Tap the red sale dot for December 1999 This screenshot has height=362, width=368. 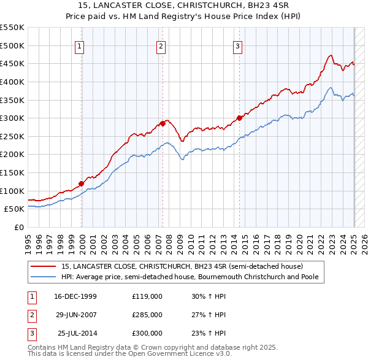pos(81,183)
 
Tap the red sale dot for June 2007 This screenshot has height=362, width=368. pos(163,123)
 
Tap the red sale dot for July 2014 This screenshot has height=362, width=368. pos(240,118)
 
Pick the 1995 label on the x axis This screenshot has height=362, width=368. pos(28,242)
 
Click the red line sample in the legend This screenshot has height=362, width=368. pos(44,267)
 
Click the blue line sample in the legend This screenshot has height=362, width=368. pos(44,277)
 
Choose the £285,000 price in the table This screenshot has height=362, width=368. pos(147,315)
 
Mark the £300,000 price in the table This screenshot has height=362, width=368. pos(147,333)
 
